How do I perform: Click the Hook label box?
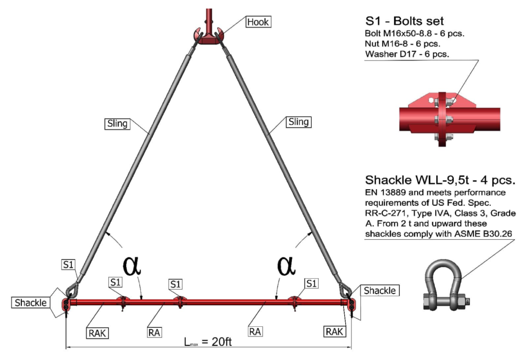258,22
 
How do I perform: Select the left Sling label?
117,123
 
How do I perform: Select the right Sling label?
299,122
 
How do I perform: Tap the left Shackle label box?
31,303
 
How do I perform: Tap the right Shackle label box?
379,291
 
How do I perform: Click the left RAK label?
97,333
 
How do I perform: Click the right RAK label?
334,332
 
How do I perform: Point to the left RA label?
154,333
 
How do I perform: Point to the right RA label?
255,332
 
